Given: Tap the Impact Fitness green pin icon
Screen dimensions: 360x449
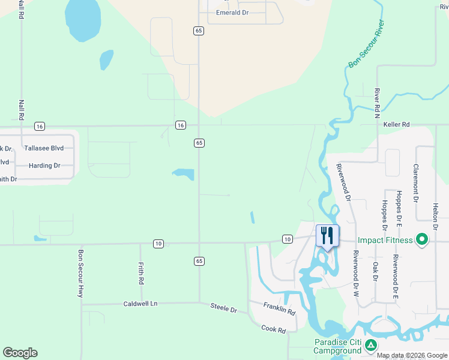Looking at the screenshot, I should pyautogui.click(x=421, y=240).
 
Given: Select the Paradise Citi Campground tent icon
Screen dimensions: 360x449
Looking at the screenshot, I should pyautogui.click(x=371, y=345).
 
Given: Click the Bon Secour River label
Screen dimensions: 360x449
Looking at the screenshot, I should pyautogui.click(x=366, y=47).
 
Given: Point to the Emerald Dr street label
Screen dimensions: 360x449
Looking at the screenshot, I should pyautogui.click(x=232, y=13).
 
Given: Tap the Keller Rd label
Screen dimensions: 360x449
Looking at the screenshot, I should pyautogui.click(x=396, y=124).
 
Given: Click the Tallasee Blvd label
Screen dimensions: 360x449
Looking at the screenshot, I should pyautogui.click(x=44, y=148).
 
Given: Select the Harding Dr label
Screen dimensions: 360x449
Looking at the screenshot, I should pyautogui.click(x=44, y=165).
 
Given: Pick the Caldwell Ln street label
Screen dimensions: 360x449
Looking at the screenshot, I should pyautogui.click(x=140, y=304).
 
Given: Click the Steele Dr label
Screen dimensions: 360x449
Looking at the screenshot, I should pyautogui.click(x=224, y=308).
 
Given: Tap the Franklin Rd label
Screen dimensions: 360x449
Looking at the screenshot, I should pyautogui.click(x=280, y=309).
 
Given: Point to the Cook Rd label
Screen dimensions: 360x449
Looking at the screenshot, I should pyautogui.click(x=273, y=328).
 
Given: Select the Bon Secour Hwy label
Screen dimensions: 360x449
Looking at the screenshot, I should pyautogui.click(x=80, y=274).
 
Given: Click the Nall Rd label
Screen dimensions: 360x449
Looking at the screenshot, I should pyautogui.click(x=21, y=112).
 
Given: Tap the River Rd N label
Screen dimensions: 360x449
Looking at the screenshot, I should pyautogui.click(x=377, y=101).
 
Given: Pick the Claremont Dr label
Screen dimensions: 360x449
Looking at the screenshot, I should pyautogui.click(x=415, y=180).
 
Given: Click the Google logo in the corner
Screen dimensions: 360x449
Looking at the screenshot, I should pyautogui.click(x=20, y=353).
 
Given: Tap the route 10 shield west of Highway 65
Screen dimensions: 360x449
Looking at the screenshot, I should pyautogui.click(x=158, y=244).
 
